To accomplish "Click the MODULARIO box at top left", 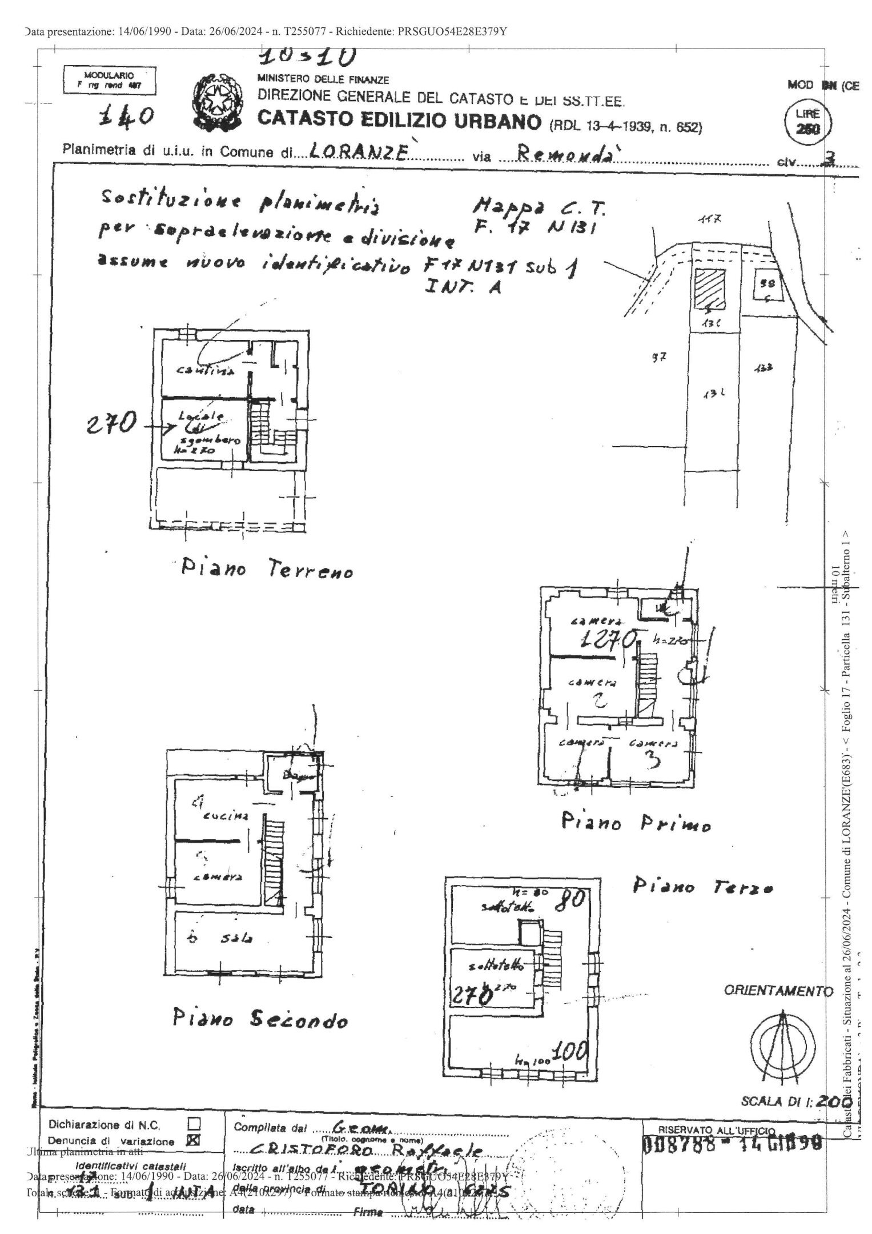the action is [109, 80].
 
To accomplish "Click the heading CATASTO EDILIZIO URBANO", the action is [399, 121].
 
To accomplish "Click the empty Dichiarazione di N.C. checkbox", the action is [194, 1124].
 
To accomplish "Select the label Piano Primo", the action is [636, 823].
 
